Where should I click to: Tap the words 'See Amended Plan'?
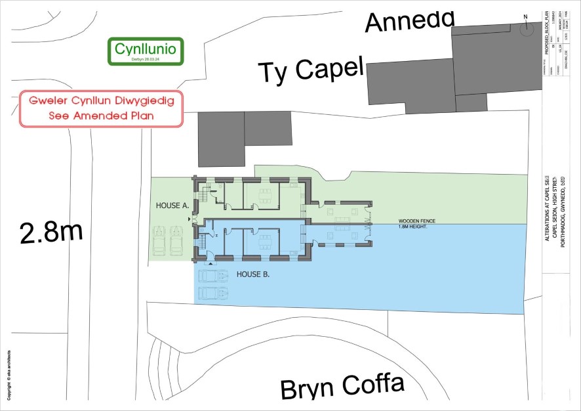pyautogui.click(x=101, y=116)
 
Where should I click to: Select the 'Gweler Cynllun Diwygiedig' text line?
pyautogui.click(x=101, y=102)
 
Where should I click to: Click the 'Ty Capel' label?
pyautogui.click(x=310, y=69)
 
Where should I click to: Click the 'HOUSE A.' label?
pyautogui.click(x=172, y=205)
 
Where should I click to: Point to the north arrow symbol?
pyautogui.click(x=525, y=28)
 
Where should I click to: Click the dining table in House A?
pyautogui.click(x=265, y=195)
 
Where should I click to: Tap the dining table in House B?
pyautogui.click(x=265, y=238)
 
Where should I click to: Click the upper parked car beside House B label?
pyautogui.click(x=212, y=276)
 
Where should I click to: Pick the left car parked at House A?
pyautogui.click(x=159, y=241)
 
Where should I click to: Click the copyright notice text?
pyautogui.click(x=9, y=374)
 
